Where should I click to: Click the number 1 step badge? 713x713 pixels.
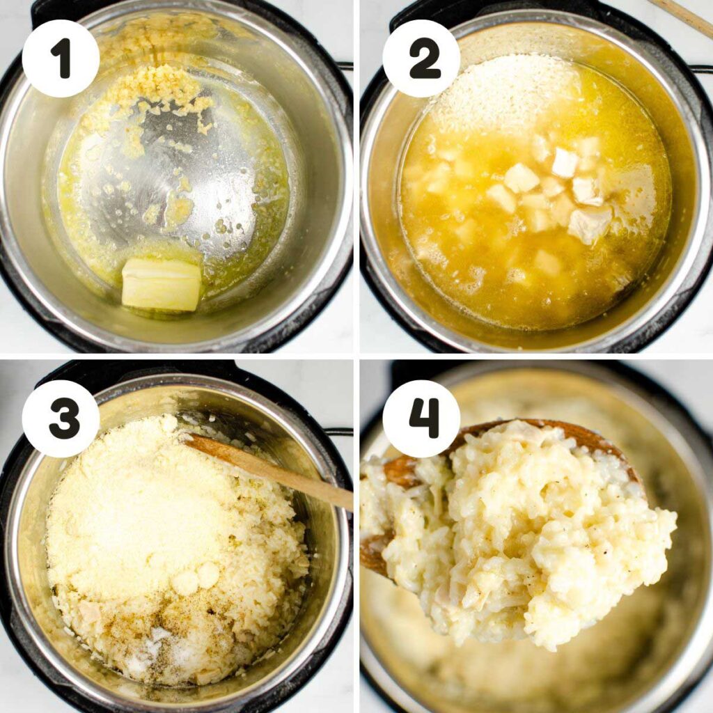pyautogui.click(x=61, y=58)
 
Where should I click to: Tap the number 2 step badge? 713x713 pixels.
pyautogui.click(x=421, y=58)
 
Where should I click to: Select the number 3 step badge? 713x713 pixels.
pyautogui.click(x=61, y=418)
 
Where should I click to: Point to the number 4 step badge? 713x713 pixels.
pyautogui.click(x=421, y=418)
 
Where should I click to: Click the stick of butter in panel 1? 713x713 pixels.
pyautogui.click(x=162, y=284)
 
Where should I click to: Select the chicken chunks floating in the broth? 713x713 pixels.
pyautogui.click(x=557, y=188)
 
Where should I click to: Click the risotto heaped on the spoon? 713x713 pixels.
pyautogui.click(x=529, y=536)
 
